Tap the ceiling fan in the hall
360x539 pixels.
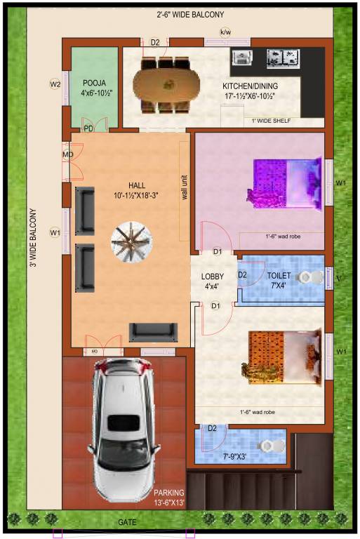131,242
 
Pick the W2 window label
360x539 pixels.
55,84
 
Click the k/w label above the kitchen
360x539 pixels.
225,32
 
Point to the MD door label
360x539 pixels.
68,154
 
